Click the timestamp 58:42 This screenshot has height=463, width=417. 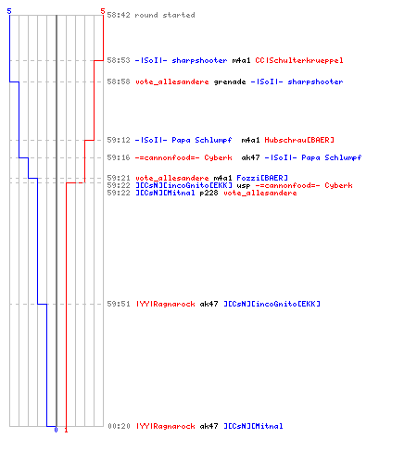[x=119, y=15]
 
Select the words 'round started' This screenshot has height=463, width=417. [x=165, y=15]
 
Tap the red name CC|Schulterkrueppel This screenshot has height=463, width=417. [x=299, y=60]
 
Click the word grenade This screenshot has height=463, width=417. [x=230, y=82]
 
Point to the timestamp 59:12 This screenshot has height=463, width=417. [x=119, y=140]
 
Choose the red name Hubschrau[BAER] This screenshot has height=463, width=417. [x=299, y=140]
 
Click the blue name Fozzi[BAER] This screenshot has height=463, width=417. [x=262, y=178]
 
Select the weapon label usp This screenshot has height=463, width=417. [x=244, y=186]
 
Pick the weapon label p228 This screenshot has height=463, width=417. [x=208, y=194]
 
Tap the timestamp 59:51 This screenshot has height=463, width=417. [x=119, y=304]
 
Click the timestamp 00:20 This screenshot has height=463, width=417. [x=119, y=426]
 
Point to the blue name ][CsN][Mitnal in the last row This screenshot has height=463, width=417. [x=253, y=426]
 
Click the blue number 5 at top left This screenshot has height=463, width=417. [x=9, y=11]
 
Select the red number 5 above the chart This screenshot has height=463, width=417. [x=103, y=11]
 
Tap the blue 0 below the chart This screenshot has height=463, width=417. [x=56, y=430]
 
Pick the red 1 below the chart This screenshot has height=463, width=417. [x=66, y=430]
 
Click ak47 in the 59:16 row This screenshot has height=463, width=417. [x=250, y=157]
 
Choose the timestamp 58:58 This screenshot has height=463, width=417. [x=119, y=81]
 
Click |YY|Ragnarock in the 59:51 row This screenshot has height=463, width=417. [x=166, y=304]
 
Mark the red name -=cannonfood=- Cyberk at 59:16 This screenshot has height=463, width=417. [x=183, y=157]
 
